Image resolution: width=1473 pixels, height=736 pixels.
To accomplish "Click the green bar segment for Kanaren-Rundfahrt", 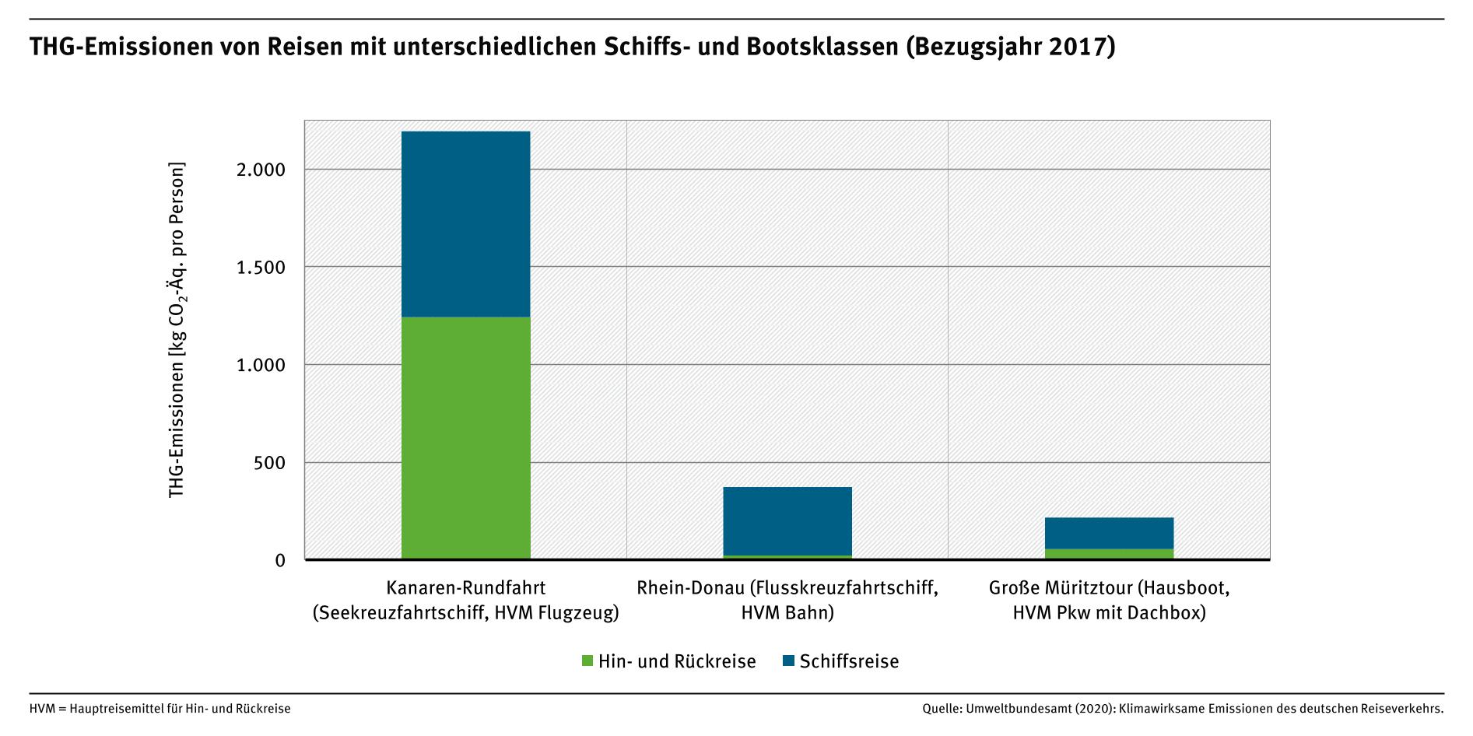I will [x=465, y=437].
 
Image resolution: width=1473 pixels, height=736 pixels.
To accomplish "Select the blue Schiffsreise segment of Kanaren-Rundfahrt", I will [x=465, y=224].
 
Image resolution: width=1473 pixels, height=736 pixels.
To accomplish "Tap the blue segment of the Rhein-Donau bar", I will [x=787, y=521].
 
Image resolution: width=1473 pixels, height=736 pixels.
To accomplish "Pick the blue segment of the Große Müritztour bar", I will [x=1109, y=533].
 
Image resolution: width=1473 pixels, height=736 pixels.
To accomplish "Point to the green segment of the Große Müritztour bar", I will [x=1109, y=554].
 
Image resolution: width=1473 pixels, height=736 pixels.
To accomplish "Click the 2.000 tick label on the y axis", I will [x=261, y=170].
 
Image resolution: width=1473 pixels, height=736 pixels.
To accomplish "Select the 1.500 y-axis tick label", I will [x=261, y=268].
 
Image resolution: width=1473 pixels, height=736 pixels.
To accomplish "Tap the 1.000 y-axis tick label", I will [x=261, y=365].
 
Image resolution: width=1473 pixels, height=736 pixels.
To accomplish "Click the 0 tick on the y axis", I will [x=280, y=561].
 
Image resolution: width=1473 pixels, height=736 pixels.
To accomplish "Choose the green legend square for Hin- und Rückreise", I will [x=587, y=661].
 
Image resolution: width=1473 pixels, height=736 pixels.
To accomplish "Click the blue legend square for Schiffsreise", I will [x=788, y=661].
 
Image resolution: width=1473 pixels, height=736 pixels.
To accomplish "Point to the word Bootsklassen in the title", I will [x=822, y=47].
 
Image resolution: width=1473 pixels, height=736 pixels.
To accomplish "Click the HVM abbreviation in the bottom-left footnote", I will [x=41, y=709].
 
